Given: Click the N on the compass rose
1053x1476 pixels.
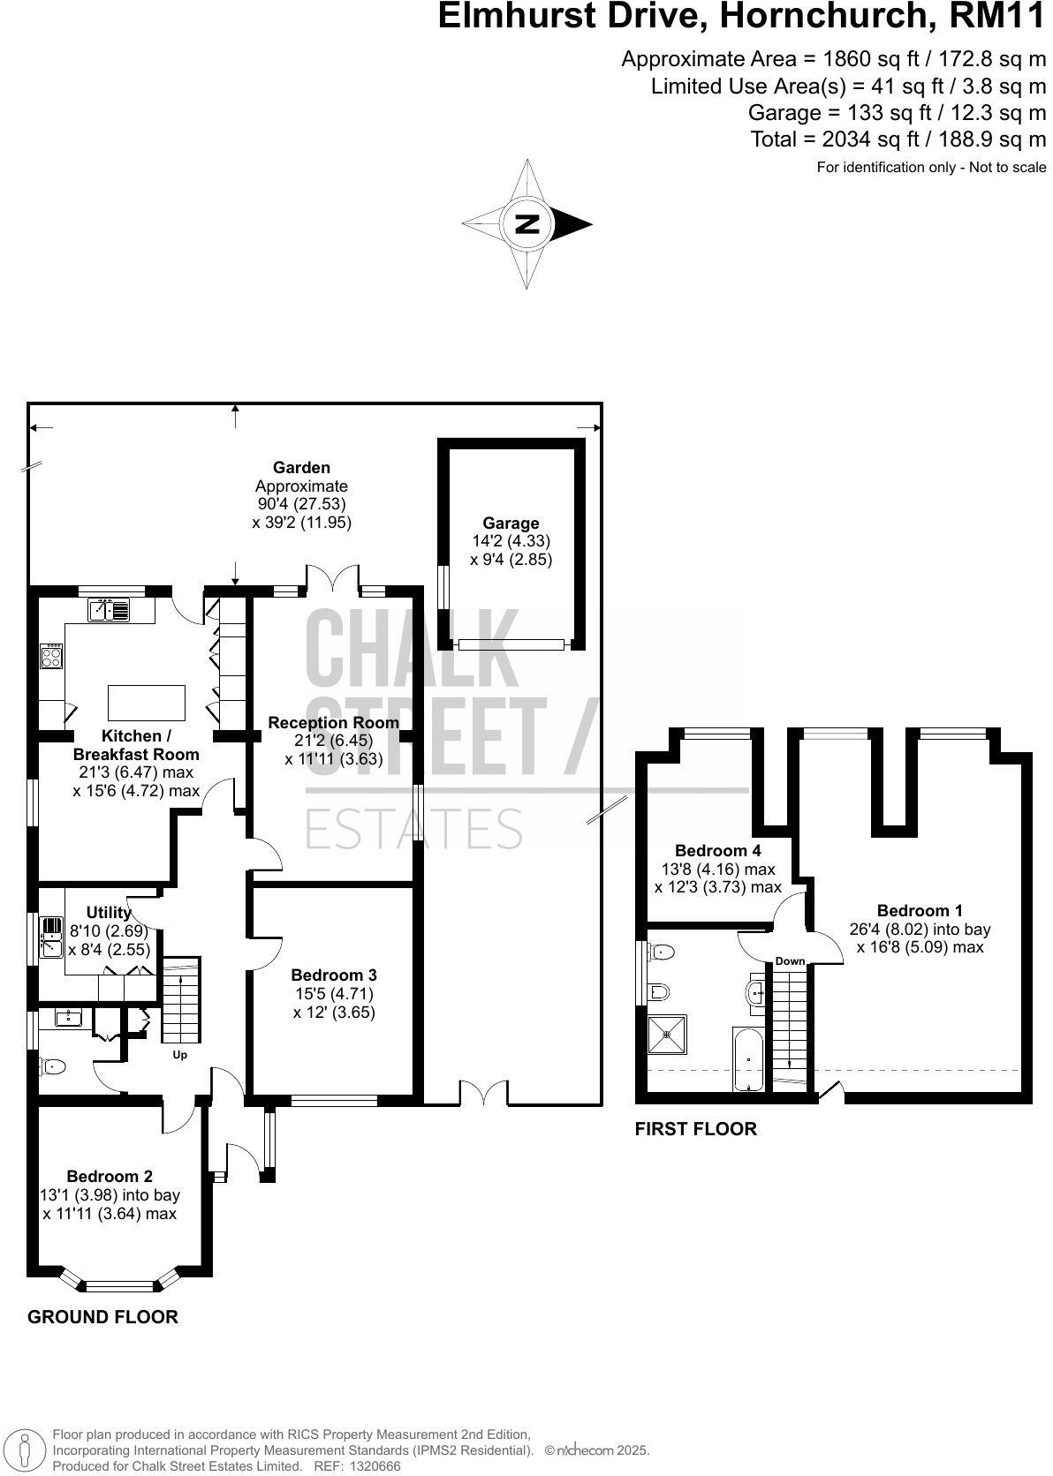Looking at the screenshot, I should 527,223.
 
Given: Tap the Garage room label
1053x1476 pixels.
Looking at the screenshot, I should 511,523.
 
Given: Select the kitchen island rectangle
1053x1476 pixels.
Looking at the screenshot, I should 147,703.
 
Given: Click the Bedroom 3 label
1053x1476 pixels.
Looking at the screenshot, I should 334,975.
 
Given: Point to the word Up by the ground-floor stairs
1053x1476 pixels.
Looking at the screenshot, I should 179,1054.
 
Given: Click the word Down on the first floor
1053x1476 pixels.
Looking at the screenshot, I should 790,960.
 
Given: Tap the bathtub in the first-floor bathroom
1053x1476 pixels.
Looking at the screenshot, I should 749,1058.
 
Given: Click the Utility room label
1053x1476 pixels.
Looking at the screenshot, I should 108,912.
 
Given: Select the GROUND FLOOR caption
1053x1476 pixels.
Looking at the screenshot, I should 102,1316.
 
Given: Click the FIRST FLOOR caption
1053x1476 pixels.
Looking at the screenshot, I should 695,1128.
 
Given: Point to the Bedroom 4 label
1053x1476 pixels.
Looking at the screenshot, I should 717,850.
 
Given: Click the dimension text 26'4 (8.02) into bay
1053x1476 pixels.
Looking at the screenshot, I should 920,929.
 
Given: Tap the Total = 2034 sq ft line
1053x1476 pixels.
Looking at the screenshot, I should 898,139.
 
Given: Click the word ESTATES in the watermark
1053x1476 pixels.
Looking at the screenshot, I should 413,829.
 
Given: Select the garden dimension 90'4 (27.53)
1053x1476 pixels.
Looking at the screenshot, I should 301,504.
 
